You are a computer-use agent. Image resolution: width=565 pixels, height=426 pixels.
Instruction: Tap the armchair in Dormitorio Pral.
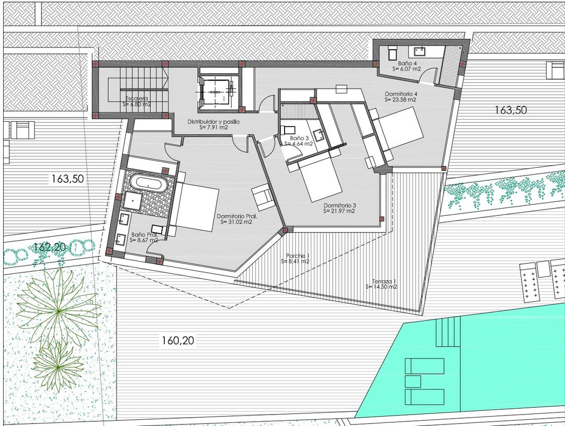[262, 196]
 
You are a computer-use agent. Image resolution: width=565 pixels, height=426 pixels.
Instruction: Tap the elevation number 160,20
[178, 341]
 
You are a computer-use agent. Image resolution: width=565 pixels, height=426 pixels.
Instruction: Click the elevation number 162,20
[49, 246]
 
